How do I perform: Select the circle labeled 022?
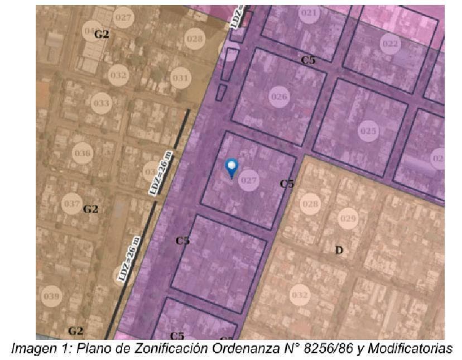tap(390, 44)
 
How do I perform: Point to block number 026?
tap(279, 97)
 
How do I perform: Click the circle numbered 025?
tap(368, 131)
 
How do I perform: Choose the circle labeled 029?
tap(348, 218)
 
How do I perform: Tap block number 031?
tap(180, 78)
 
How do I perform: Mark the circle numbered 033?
tap(101, 104)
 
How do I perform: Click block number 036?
tap(83, 153)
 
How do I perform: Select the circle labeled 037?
tap(72, 204)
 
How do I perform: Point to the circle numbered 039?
tap(51, 296)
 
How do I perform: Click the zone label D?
tap(339, 250)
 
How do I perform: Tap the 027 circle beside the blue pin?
tap(249, 180)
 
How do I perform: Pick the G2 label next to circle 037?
tap(90, 209)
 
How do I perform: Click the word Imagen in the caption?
tap(33, 349)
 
